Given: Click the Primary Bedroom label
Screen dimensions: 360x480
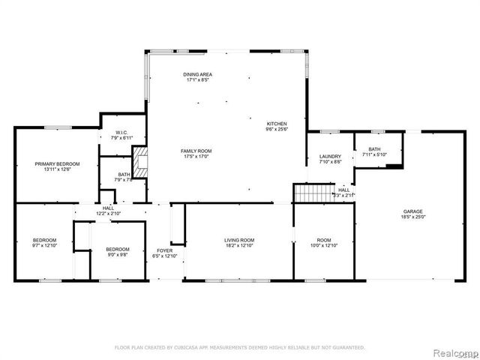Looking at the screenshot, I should pos(57,163).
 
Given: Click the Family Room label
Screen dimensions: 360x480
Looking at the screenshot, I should pos(196,151).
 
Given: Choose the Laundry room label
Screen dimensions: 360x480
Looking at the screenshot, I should pos(331,156).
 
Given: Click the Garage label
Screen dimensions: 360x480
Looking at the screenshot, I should pos(414,211).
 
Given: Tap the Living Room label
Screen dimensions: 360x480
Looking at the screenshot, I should pos(240,240).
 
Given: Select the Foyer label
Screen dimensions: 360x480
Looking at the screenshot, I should pos(164,250).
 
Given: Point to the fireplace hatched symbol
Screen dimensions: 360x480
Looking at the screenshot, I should pos(140,159).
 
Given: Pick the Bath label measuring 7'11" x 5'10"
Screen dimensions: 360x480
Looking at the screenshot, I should pos(373,149).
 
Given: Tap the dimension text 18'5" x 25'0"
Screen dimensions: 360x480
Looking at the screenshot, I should pos(414,217).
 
